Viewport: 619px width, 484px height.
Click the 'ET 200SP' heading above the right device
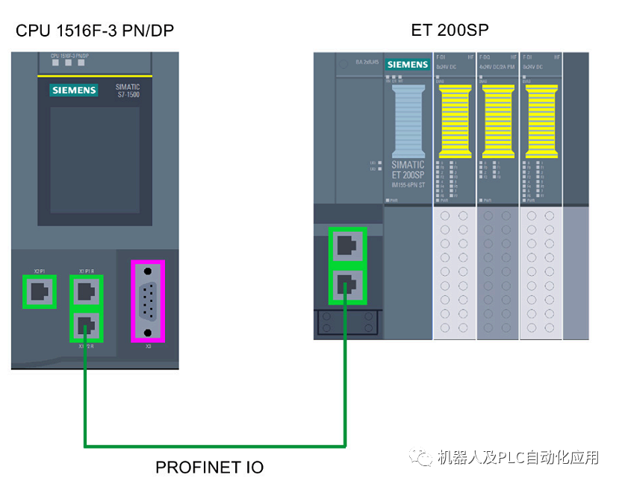tap(450, 31)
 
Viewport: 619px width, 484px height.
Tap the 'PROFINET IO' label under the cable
tap(209, 468)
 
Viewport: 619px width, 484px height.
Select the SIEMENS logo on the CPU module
tap(74, 90)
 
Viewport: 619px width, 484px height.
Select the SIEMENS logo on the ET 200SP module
tap(407, 65)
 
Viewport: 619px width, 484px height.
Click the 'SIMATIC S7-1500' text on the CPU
tap(127, 91)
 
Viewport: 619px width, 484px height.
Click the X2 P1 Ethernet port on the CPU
tap(39, 292)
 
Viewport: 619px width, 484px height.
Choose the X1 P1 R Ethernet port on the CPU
tap(86, 290)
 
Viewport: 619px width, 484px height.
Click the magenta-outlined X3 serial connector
tap(148, 301)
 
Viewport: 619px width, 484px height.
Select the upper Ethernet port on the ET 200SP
tap(347, 245)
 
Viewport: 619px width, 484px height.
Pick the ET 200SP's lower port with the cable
tap(347, 284)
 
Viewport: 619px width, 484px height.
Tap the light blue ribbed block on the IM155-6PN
tap(407, 119)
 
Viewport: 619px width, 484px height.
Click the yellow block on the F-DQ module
tap(498, 119)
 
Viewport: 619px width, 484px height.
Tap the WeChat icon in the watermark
tap(423, 456)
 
